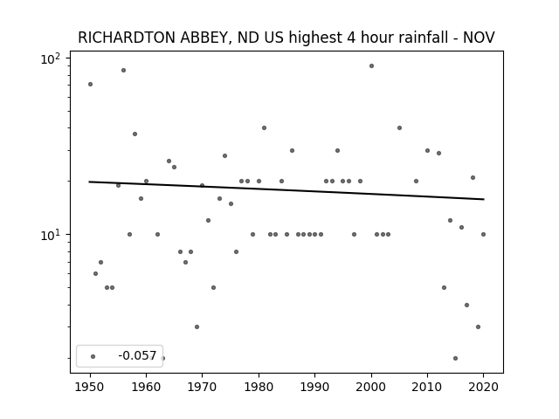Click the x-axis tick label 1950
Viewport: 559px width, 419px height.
point(90,387)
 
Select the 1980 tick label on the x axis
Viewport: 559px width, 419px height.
point(259,387)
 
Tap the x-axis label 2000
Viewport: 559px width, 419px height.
point(371,387)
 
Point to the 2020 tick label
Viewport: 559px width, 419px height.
point(483,387)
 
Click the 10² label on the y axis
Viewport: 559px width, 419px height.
point(51,58)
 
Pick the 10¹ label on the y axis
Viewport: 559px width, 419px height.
point(51,235)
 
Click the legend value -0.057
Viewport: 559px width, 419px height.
point(137,355)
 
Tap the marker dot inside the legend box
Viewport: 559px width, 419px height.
point(93,356)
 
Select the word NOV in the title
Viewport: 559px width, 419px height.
point(479,38)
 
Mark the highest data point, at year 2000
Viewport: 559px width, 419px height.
point(371,66)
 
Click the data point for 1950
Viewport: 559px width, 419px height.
point(90,84)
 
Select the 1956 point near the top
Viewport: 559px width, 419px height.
point(123,70)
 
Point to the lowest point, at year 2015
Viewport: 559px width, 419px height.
point(455,358)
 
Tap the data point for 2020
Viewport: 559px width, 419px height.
point(483,234)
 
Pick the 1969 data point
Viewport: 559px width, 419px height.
point(197,326)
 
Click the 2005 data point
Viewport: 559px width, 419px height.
point(399,127)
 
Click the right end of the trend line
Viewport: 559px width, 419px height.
point(484,199)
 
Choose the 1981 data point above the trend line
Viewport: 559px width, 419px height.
point(264,127)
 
